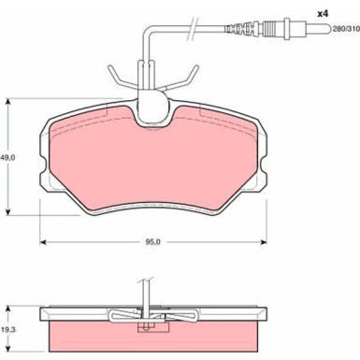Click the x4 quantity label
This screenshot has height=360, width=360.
click(x=323, y=14)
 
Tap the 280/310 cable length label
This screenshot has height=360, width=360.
click(x=346, y=29)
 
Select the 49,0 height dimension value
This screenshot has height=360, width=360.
click(x=7, y=158)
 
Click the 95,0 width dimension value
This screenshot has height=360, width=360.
click(x=152, y=242)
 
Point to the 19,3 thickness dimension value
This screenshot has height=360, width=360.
click(x=7, y=328)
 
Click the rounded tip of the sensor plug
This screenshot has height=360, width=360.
click(x=326, y=30)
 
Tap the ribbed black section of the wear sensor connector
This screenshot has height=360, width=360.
click(x=241, y=29)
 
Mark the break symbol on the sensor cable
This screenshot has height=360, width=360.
click(x=192, y=28)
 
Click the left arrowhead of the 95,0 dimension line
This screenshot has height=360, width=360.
click(x=43, y=242)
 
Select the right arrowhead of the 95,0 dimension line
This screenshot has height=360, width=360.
click(x=264, y=242)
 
